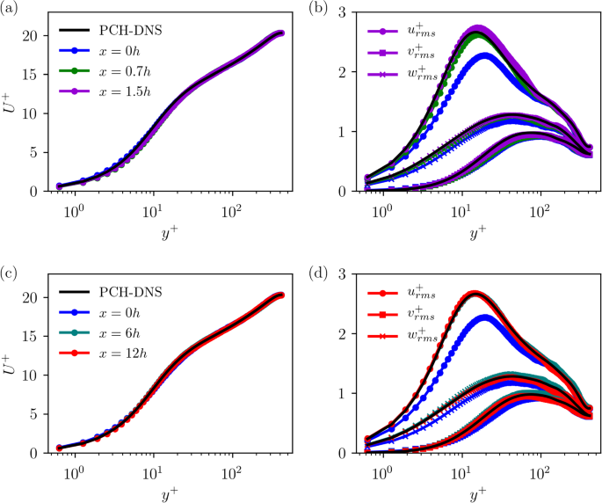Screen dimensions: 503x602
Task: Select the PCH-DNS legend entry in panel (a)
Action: (113, 30)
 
